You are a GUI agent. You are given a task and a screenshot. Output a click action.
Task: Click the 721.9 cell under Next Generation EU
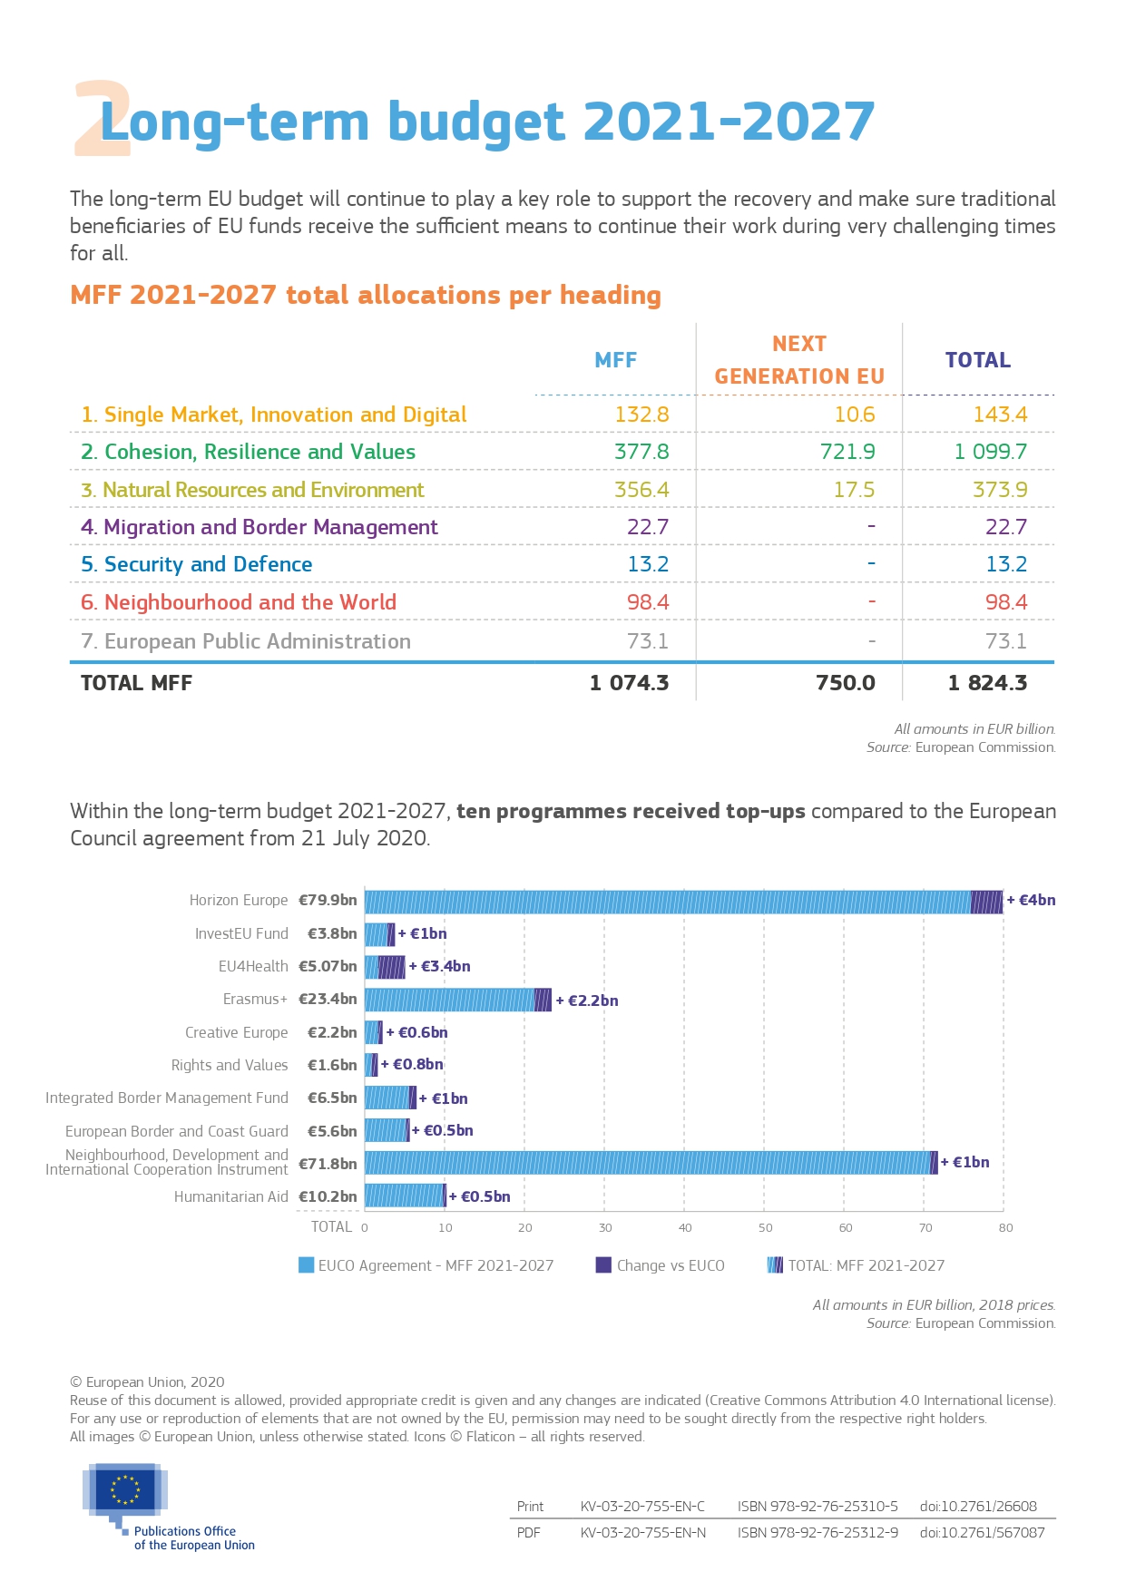(x=847, y=452)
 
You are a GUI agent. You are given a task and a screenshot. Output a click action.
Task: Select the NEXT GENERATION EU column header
(x=798, y=360)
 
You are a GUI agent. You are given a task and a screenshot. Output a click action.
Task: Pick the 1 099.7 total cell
(x=990, y=452)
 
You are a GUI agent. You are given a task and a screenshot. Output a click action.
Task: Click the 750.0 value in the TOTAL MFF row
(x=845, y=683)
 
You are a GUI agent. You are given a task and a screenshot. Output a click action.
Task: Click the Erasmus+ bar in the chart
(x=456, y=1000)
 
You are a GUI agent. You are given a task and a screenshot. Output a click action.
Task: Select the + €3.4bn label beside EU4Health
(x=440, y=967)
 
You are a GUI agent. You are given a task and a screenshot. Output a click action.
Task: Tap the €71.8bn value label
(x=328, y=1164)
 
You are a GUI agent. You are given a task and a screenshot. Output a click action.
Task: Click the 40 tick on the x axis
(x=685, y=1228)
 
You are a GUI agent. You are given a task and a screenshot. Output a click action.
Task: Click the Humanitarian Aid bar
(x=405, y=1196)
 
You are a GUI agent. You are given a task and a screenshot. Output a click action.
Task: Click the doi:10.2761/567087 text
(x=982, y=1533)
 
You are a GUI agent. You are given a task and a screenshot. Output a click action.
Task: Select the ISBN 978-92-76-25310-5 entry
(x=818, y=1507)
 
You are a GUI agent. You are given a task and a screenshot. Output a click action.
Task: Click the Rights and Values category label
(x=230, y=1066)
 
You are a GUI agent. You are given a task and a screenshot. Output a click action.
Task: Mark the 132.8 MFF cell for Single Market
(x=641, y=415)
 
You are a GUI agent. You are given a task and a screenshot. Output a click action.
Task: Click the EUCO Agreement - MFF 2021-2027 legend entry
(x=426, y=1265)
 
